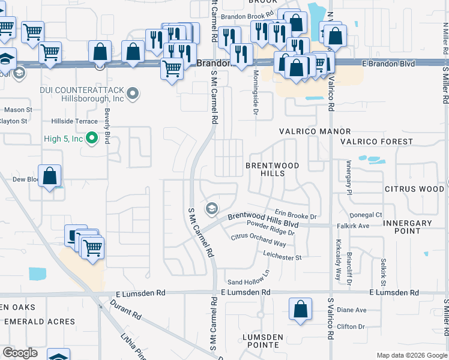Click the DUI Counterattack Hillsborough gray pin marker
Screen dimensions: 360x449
coord(133,93)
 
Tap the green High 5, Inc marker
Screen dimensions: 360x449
coord(92,139)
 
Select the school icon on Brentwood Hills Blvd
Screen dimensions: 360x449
coord(211,208)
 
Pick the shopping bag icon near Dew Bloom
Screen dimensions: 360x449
coord(51,176)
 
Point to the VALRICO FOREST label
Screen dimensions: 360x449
coord(376,142)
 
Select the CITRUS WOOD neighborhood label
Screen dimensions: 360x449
coord(414,189)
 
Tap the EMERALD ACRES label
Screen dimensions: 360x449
coord(40,322)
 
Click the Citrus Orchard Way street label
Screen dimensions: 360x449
coord(259,240)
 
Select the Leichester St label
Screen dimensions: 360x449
coord(282,257)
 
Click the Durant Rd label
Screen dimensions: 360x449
coord(125,309)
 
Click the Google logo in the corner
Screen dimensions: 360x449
coord(20,353)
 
